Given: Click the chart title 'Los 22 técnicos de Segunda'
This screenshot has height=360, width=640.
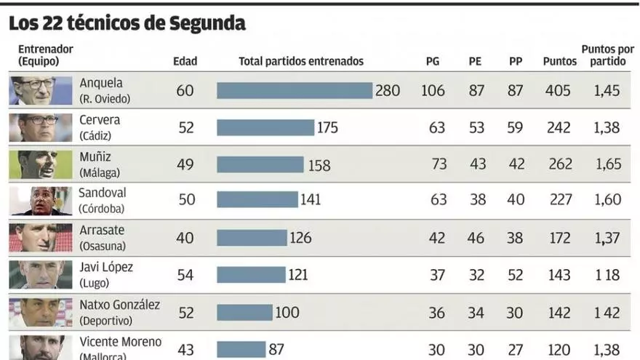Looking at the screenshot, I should [127, 24].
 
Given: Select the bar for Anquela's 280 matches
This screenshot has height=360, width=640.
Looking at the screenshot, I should [295, 91].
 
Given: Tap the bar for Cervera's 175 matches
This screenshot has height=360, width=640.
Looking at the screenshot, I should [265, 127].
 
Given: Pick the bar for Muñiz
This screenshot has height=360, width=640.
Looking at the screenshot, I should [260, 164].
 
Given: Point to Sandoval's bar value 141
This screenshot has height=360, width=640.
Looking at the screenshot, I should [311, 199].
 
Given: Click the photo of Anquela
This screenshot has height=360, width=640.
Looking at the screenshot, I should [41, 91].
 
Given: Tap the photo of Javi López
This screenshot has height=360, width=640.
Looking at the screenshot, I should [41, 275].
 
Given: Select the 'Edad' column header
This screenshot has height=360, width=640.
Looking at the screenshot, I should [185, 62].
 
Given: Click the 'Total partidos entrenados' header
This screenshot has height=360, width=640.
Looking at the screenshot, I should [301, 62].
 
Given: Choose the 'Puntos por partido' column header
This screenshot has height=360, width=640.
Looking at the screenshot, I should [607, 55].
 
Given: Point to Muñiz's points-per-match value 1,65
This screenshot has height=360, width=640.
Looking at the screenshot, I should [608, 164].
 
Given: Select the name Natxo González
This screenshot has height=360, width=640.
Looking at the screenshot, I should [119, 305].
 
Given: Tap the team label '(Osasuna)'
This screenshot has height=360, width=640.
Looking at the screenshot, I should [102, 246].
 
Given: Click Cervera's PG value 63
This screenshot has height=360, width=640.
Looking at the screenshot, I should [437, 128].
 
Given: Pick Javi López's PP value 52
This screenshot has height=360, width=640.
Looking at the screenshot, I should [516, 275].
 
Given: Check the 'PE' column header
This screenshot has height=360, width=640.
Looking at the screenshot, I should [475, 62].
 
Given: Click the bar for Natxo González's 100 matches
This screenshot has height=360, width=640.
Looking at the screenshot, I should [244, 312].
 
